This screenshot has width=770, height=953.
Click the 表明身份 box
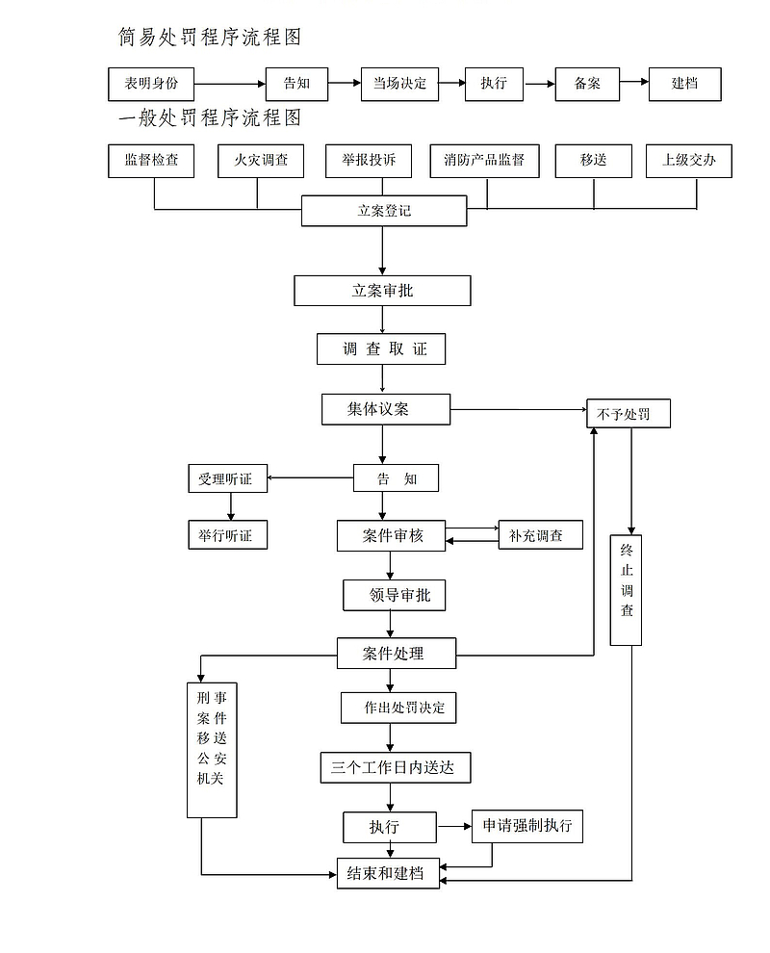tap(150, 84)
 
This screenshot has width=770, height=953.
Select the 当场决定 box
tap(399, 84)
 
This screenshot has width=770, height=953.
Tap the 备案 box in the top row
tap(587, 84)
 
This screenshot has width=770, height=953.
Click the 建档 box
tap(684, 84)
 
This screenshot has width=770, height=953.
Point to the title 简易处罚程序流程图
tap(210, 38)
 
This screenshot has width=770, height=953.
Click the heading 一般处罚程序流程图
tap(210, 117)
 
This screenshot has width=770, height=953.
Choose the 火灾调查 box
tap(261, 161)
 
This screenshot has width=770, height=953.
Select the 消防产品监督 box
tap(484, 161)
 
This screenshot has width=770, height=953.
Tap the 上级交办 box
tap(688, 161)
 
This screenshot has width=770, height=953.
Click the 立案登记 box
tap(384, 211)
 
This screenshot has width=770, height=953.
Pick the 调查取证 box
tap(381, 349)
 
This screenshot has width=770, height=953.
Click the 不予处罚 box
tap(628, 414)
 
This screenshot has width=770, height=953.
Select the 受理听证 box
tap(227, 478)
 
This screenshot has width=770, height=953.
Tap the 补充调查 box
tap(540, 535)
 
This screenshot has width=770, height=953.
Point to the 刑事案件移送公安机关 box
tap(212, 749)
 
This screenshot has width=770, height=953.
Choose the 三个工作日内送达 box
tap(395, 767)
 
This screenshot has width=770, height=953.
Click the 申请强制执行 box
tap(526, 826)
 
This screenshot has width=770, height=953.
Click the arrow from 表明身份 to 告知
tap(229, 84)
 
